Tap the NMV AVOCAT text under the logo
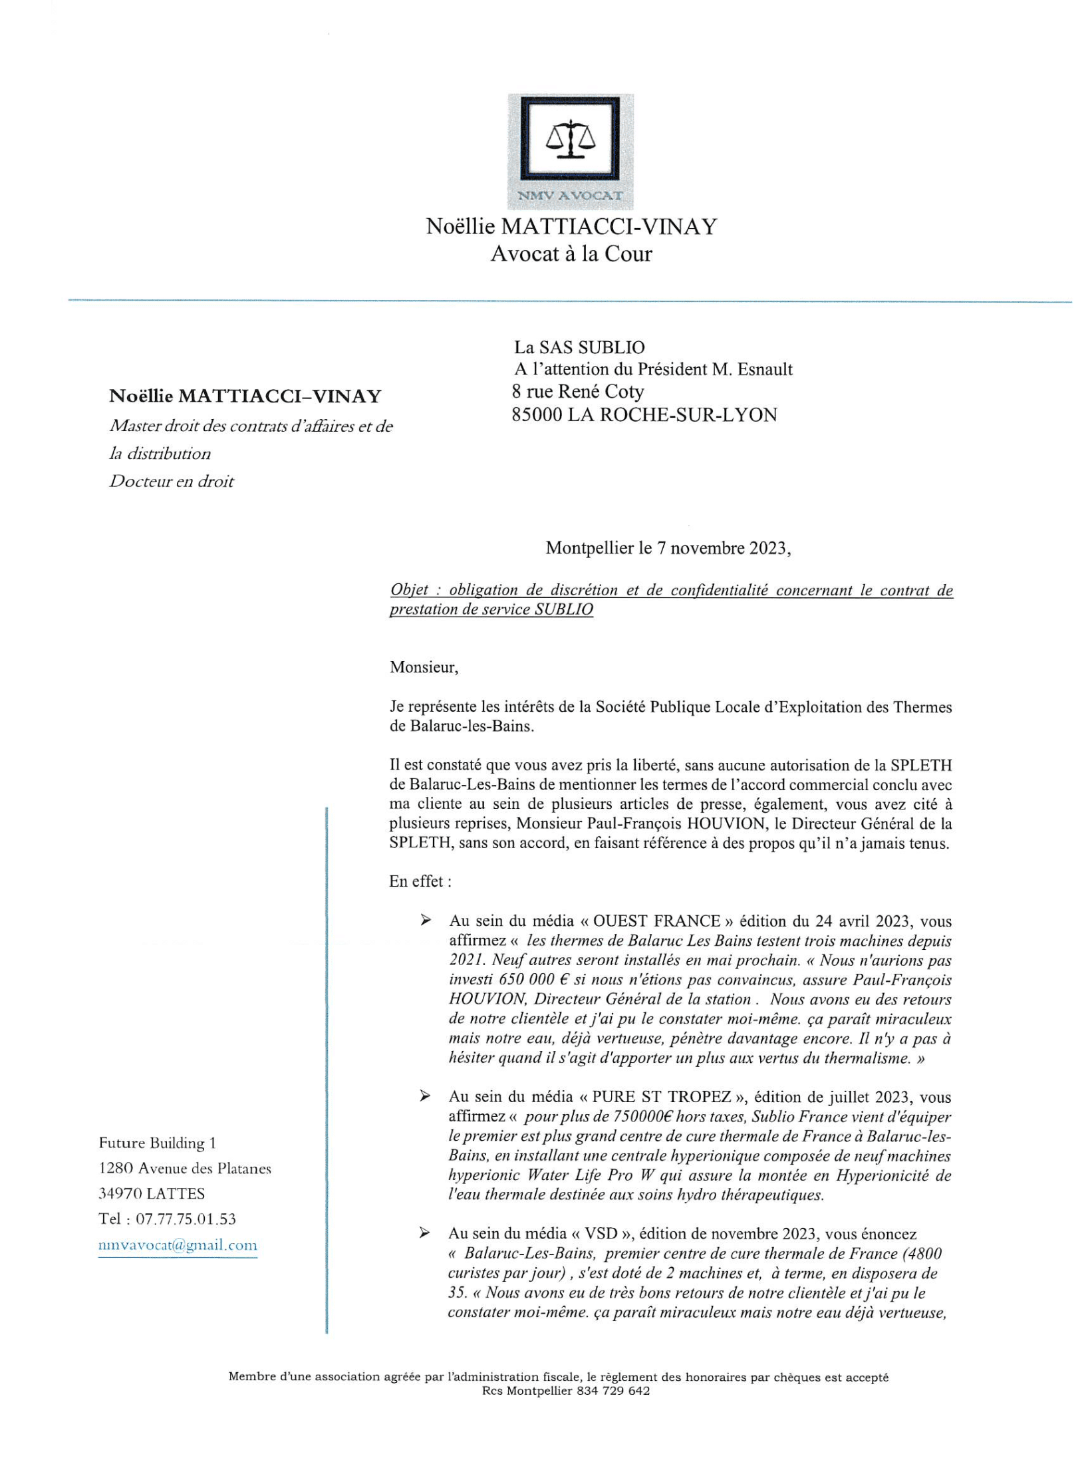571,196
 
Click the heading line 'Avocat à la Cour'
571,253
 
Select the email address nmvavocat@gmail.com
178,1245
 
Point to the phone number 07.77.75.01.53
186,1219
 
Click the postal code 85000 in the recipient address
537,415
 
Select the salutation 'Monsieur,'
424,667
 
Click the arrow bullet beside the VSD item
424,1234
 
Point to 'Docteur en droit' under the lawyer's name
172,482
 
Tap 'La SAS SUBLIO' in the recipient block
579,347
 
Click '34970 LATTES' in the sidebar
152,1194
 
